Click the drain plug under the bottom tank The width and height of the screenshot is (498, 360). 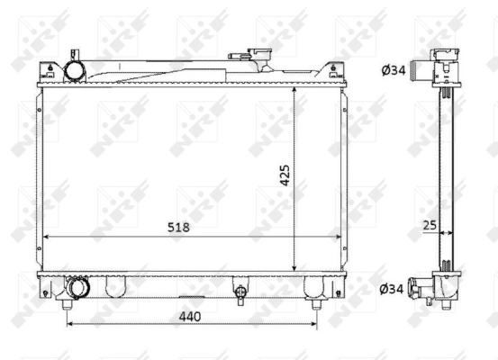(x=240, y=293)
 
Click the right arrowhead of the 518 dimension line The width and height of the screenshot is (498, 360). (x=339, y=238)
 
